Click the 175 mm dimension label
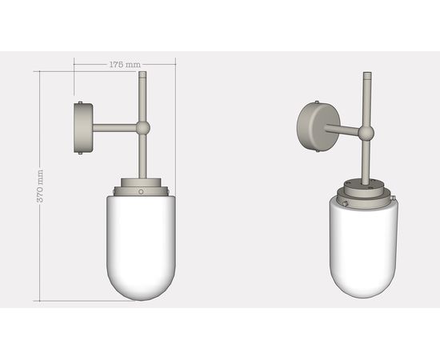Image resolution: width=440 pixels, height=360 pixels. point(123,63)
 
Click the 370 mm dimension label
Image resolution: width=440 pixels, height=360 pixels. point(41,186)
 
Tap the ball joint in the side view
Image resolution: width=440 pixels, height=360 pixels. point(142,127)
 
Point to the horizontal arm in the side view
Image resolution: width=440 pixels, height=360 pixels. point(115,127)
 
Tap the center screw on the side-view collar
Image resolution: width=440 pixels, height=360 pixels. point(141,192)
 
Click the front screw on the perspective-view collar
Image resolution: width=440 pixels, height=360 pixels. point(345,204)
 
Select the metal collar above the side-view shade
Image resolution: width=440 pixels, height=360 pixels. point(142,187)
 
